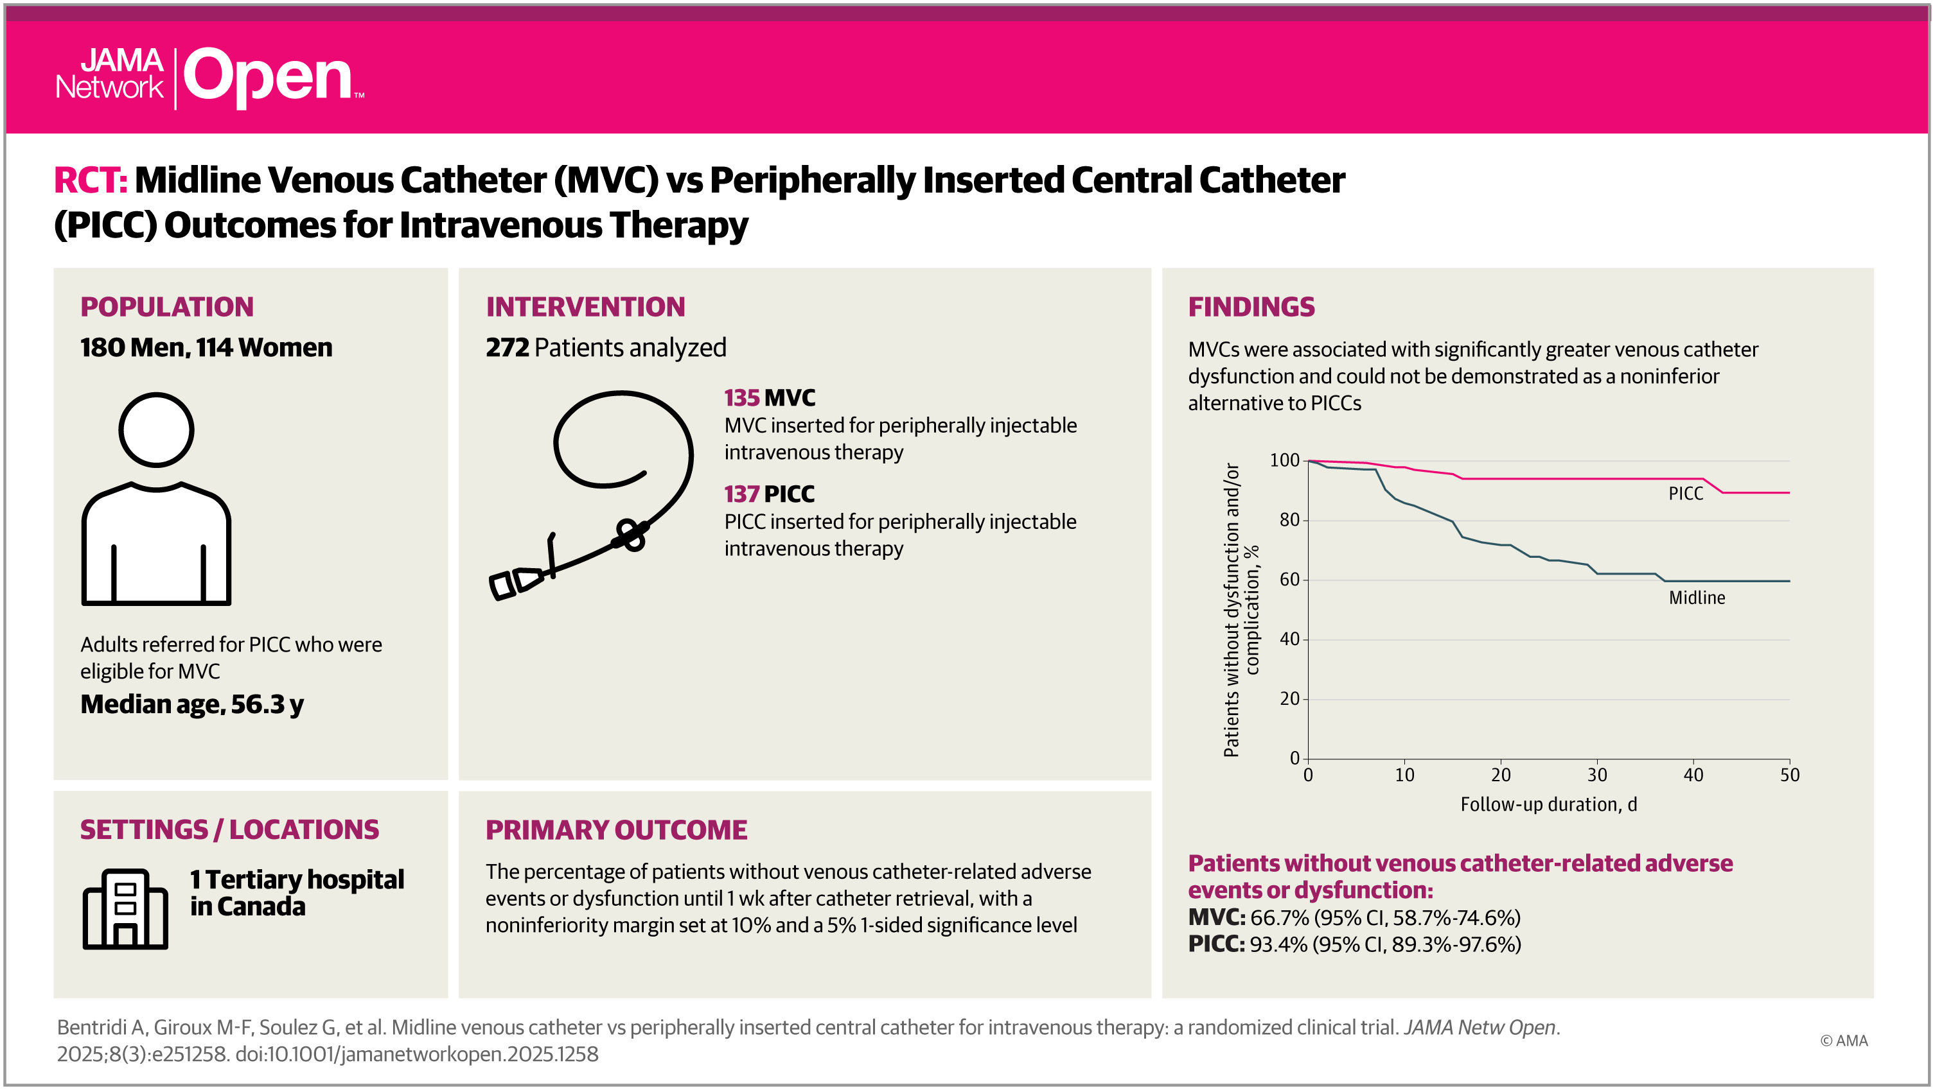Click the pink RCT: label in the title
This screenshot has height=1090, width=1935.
[x=90, y=181]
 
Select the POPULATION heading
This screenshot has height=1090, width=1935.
[x=167, y=307]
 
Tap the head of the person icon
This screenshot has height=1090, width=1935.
[x=156, y=430]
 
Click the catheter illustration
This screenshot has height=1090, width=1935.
[x=594, y=496]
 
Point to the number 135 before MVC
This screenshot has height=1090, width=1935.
[x=741, y=398]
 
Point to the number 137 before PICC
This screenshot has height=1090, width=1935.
[x=741, y=494]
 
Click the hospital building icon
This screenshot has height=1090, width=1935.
[x=125, y=909]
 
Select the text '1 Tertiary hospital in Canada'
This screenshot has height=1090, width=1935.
[x=297, y=892]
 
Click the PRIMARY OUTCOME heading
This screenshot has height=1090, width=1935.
[x=616, y=830]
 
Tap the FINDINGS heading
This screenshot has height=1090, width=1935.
[x=1251, y=307]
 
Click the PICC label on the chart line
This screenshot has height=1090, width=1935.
[x=1685, y=494]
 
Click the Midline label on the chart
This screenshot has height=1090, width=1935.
[x=1696, y=598]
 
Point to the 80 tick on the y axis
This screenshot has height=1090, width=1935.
[x=1289, y=519]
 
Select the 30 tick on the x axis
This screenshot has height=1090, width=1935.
[x=1597, y=775]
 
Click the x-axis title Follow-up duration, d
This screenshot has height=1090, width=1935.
[x=1548, y=805]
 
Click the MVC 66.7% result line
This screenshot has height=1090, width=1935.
[x=1354, y=917]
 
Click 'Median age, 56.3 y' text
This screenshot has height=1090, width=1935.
[x=191, y=704]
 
